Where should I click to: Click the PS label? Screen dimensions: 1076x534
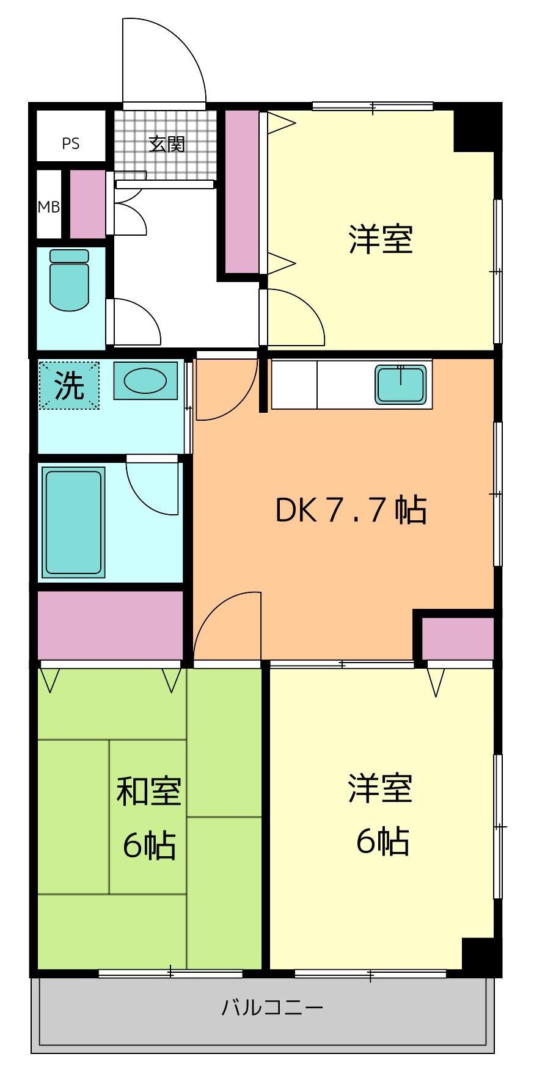click(x=70, y=144)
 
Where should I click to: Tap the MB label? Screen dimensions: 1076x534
click(x=49, y=207)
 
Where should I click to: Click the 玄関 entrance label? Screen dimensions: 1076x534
click(x=167, y=144)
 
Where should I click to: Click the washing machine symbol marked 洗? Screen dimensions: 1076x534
click(x=68, y=386)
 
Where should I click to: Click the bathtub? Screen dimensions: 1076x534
click(x=72, y=522)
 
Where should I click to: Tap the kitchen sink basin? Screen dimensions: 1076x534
click(x=401, y=385)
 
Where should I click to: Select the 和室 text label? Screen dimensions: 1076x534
click(x=148, y=791)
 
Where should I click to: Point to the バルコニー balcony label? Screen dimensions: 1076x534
click(x=272, y=1007)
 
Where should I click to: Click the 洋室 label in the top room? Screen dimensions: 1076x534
click(x=381, y=239)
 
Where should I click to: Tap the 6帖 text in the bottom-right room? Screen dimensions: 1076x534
click(x=382, y=842)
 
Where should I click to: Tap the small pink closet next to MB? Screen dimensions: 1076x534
click(x=87, y=204)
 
